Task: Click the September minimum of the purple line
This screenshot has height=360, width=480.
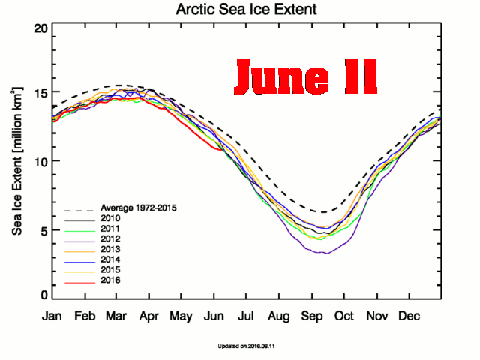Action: (324, 253)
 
